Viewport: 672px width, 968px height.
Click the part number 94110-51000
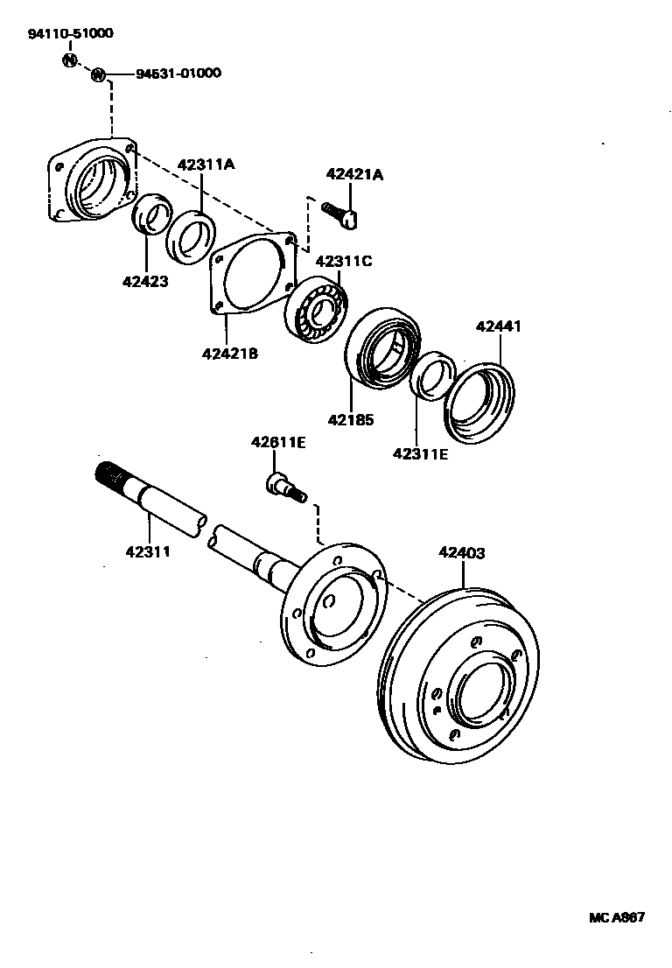pyautogui.click(x=69, y=33)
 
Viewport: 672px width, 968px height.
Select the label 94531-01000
pyautogui.click(x=178, y=74)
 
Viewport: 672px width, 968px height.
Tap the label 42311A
pyautogui.click(x=206, y=165)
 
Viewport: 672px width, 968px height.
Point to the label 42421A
pyautogui.click(x=354, y=174)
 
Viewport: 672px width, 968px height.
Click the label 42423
pyautogui.click(x=146, y=282)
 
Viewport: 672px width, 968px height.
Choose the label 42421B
pyautogui.click(x=230, y=354)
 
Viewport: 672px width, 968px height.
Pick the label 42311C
pyautogui.click(x=344, y=260)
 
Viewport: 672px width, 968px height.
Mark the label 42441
pyautogui.click(x=499, y=326)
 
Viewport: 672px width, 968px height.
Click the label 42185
pyautogui.click(x=351, y=419)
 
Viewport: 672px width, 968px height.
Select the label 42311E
pyautogui.click(x=421, y=453)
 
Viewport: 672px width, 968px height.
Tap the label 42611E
pyautogui.click(x=278, y=442)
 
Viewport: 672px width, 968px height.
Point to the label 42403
pyautogui.click(x=462, y=553)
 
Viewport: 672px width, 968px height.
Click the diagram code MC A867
pyautogui.click(x=616, y=918)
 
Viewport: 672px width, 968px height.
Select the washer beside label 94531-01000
pyautogui.click(x=99, y=74)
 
